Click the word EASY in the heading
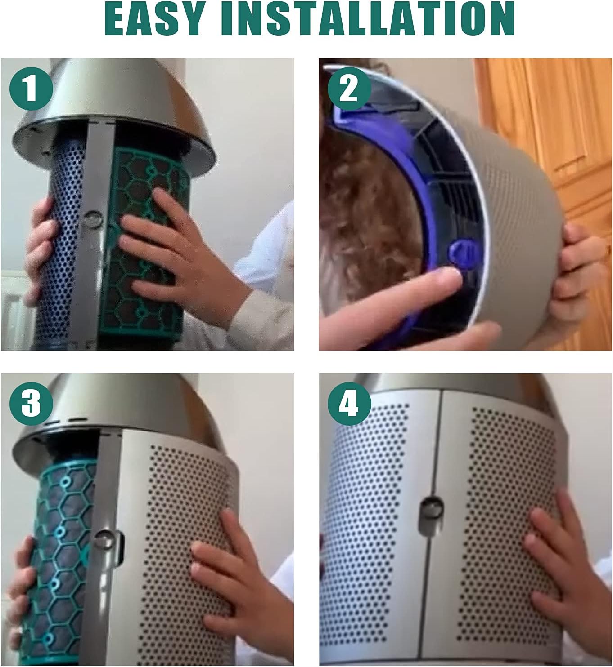click(x=153, y=18)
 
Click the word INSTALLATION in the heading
click(x=368, y=18)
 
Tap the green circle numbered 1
click(x=32, y=89)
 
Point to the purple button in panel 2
click(x=460, y=252)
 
